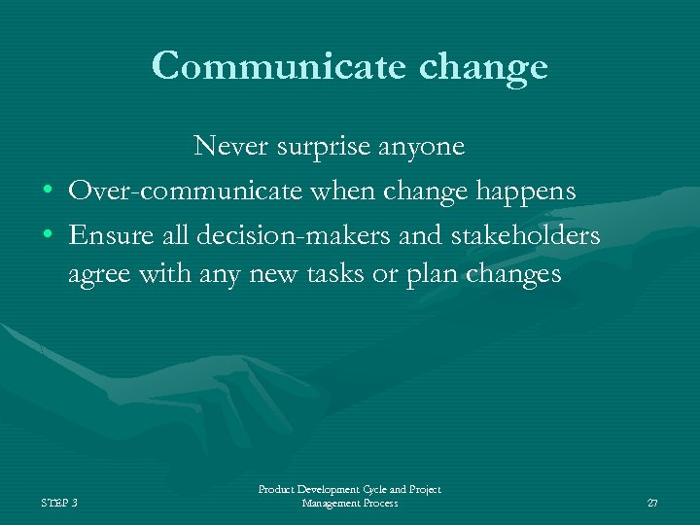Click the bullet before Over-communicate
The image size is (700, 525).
click(47, 192)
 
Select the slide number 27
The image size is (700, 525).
click(652, 503)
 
